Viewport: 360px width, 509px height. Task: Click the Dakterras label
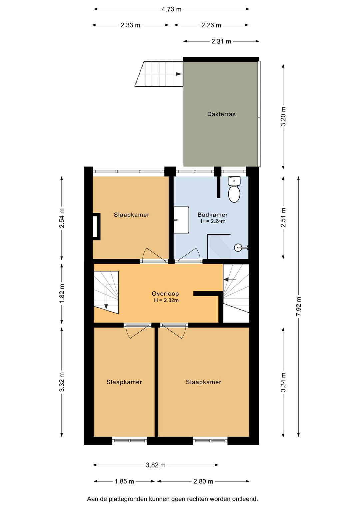point(221,114)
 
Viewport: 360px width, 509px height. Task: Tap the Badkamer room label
point(212,214)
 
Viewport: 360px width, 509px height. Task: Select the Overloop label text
point(165,294)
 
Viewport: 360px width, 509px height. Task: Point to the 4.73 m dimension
point(171,9)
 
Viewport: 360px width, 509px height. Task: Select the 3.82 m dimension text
point(156,465)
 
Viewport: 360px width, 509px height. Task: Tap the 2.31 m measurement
point(221,41)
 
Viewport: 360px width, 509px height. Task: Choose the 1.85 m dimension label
point(124,481)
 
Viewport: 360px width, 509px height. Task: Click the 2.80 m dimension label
point(203,481)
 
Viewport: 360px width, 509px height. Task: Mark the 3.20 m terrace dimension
point(283,116)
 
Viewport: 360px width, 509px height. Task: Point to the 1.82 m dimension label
point(62,293)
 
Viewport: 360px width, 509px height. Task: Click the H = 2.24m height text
point(213,221)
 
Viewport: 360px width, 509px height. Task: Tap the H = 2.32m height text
point(166,301)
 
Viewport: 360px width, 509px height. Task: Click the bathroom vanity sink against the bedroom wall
point(181,220)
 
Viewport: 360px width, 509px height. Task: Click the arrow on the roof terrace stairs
point(179,74)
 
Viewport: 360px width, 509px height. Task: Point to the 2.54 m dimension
point(62,218)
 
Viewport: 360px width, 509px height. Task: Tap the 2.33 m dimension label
point(130,25)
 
